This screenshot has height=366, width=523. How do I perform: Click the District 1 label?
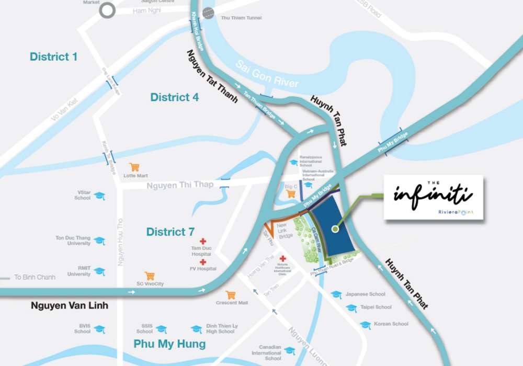pos(53,56)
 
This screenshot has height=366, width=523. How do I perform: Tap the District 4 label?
pos(174,97)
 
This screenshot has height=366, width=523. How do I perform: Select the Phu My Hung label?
pos(169,344)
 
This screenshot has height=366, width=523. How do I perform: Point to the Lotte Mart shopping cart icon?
pos(134,167)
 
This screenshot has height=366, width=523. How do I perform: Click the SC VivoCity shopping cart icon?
pos(150,276)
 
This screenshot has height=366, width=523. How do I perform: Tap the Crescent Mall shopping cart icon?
pos(230,295)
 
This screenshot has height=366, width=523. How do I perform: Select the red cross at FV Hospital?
pos(203,261)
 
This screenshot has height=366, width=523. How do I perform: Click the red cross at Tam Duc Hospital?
pos(203,242)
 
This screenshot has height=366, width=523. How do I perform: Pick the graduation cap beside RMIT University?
pos(99,271)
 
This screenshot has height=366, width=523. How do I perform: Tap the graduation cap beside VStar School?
pos(99,196)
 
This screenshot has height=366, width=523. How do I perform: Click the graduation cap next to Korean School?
pos(365,325)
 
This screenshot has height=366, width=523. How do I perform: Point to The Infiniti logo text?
pos(433,195)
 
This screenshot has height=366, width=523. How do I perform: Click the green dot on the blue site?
pos(335,228)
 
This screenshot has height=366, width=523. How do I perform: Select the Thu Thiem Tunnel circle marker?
pos(208,13)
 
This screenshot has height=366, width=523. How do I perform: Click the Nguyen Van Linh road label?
pos(69,305)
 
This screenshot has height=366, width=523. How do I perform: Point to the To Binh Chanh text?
pos(32,277)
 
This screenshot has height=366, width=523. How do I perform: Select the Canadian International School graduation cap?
pos(289,351)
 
